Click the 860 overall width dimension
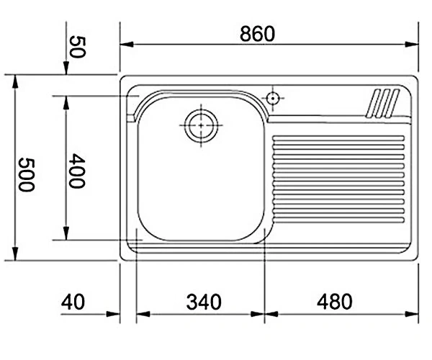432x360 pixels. coord(257,34)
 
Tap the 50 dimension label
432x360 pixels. coord(78,47)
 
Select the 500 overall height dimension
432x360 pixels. coord(27,175)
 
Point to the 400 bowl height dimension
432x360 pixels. coord(77,171)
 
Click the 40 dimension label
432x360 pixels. coord(73,302)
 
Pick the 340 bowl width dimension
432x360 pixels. coord(204,302)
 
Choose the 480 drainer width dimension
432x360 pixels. coord(335,302)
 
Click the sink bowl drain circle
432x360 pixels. coord(201,125)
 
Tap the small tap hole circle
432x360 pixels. coord(273,98)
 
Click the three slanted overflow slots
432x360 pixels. coord(382,103)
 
